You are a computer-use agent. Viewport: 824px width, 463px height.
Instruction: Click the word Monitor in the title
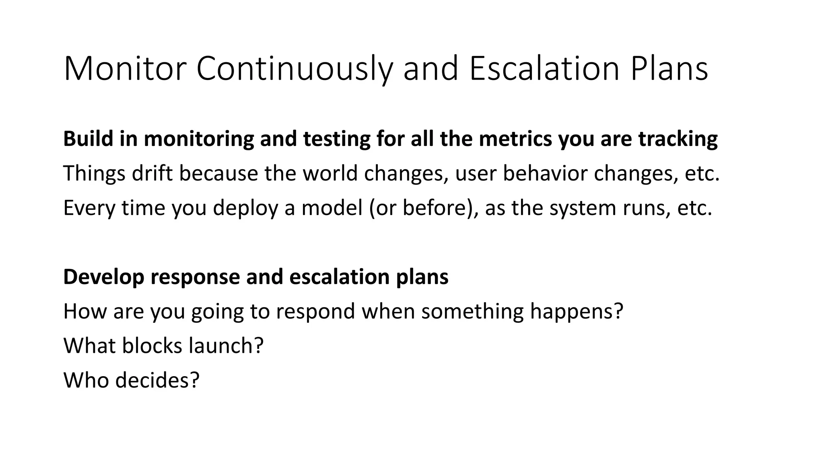(x=125, y=69)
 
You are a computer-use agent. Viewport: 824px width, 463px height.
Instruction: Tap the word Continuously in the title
(x=294, y=69)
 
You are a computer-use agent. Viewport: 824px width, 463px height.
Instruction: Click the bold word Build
(x=88, y=139)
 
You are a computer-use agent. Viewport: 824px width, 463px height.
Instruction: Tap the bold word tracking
(x=678, y=139)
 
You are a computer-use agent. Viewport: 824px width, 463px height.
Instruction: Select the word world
(x=330, y=173)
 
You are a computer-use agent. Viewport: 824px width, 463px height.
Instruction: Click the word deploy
(x=245, y=208)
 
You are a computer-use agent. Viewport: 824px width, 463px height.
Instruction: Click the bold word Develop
(x=104, y=277)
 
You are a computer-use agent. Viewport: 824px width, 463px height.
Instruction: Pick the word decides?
(x=157, y=380)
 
